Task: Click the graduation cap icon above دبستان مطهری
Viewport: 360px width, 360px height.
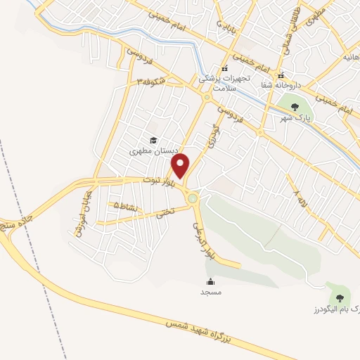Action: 153,140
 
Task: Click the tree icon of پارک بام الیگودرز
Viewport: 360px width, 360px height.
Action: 341,297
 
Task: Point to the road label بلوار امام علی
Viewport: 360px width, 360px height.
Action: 205,238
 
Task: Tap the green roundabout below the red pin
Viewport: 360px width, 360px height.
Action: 193,199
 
